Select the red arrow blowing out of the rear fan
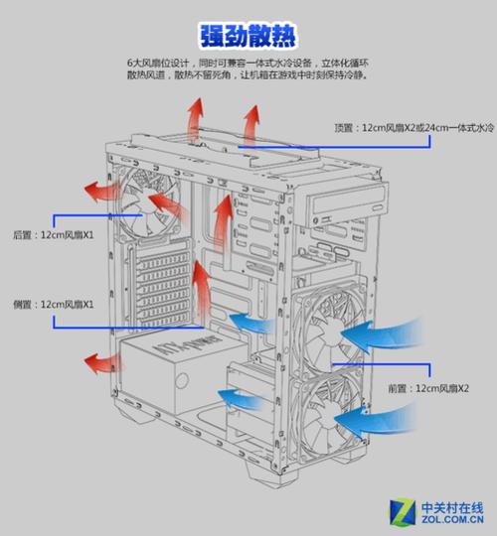click(x=100, y=191)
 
